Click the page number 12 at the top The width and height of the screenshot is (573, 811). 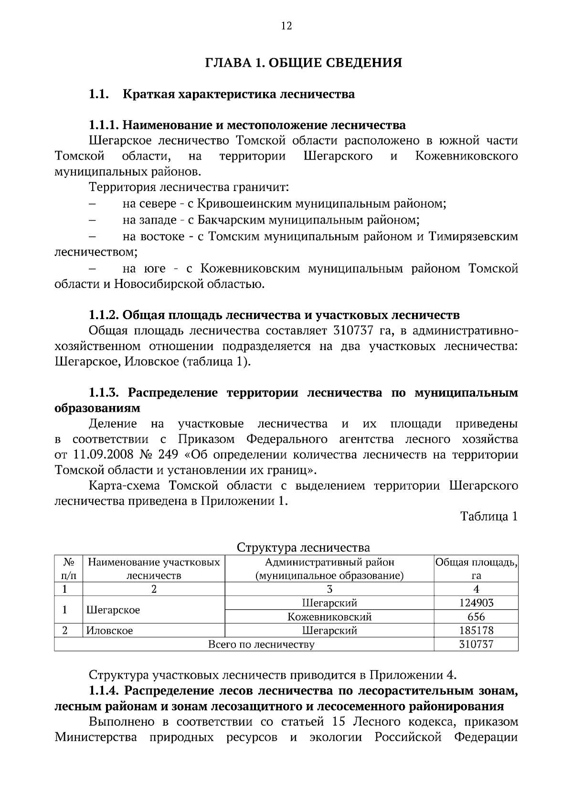click(x=286, y=26)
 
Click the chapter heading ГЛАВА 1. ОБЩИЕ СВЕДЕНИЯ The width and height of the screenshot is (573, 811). click(x=303, y=63)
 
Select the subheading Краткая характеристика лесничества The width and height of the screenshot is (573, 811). click(x=239, y=94)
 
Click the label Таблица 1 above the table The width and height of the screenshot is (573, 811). click(x=488, y=516)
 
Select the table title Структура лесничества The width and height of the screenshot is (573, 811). click(x=303, y=547)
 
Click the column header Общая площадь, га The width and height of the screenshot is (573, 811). click(x=476, y=568)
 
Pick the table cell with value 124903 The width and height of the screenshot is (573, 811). click(x=476, y=603)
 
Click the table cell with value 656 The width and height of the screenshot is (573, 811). click(x=476, y=617)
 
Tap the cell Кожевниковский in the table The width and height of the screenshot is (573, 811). click(x=329, y=617)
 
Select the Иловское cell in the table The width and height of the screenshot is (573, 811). click(x=110, y=630)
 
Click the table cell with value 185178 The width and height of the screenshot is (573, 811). click(x=476, y=630)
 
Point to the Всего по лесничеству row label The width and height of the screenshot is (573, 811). click(x=261, y=644)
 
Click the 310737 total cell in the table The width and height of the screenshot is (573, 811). click(x=476, y=644)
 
